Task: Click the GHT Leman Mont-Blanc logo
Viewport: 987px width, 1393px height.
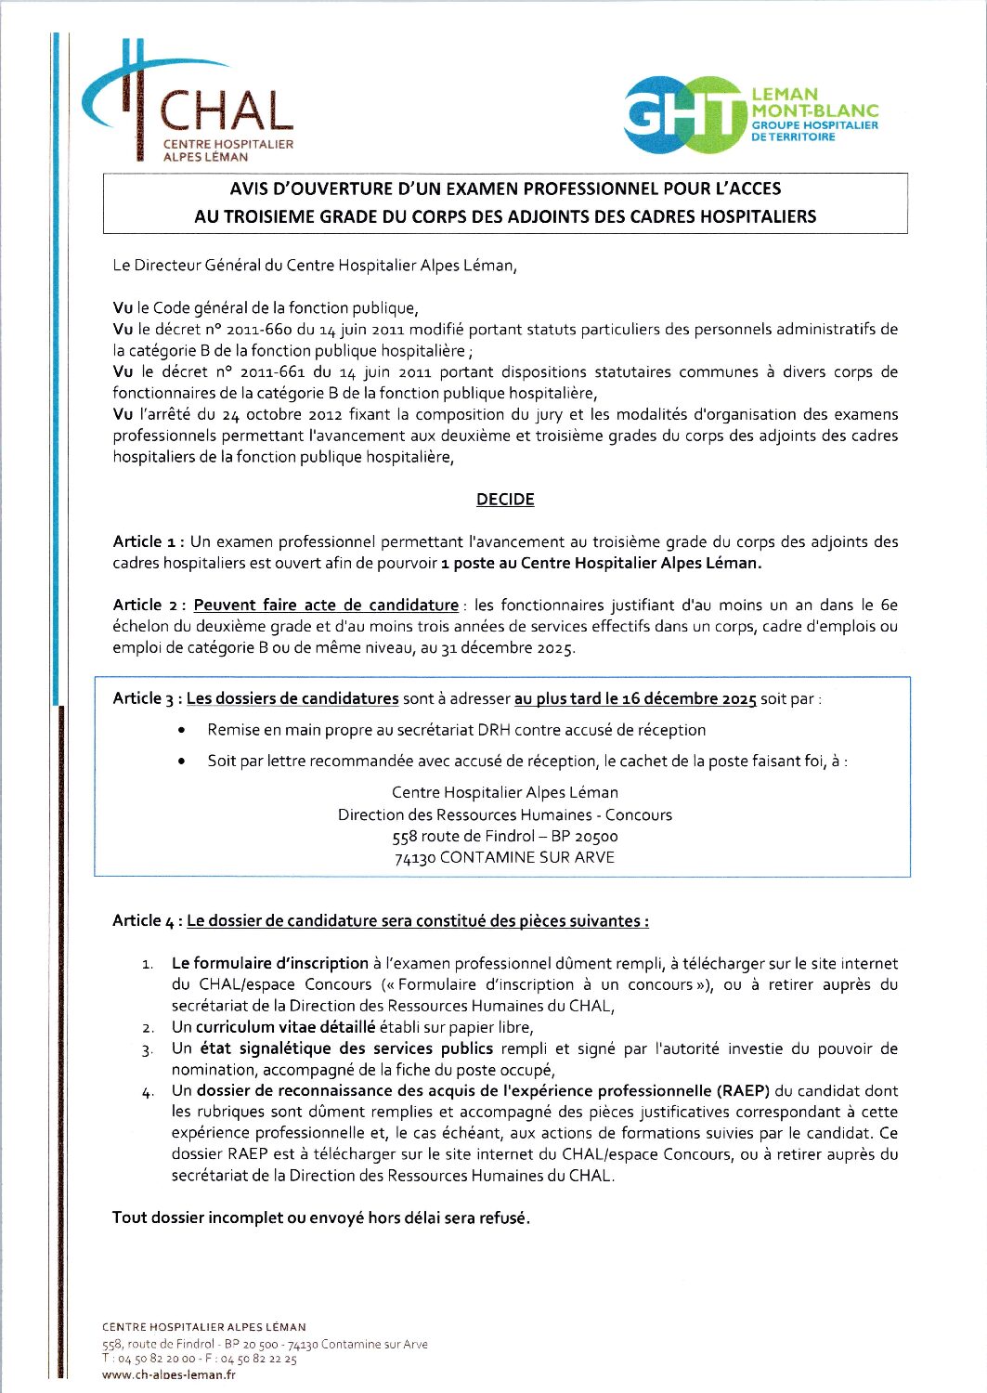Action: point(750,115)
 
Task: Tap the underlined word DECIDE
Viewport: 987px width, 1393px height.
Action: point(505,500)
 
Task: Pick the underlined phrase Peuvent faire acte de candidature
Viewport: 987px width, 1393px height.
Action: point(326,605)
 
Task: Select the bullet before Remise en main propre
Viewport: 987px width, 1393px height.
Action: point(183,731)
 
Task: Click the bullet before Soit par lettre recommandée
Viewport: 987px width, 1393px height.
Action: point(183,762)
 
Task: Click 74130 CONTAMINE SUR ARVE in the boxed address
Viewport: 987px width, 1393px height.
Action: point(504,858)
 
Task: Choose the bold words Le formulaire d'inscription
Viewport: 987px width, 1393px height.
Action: point(270,964)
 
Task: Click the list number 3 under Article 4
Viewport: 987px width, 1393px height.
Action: point(148,1050)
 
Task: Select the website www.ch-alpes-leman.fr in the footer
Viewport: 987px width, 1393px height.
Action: point(168,1375)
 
